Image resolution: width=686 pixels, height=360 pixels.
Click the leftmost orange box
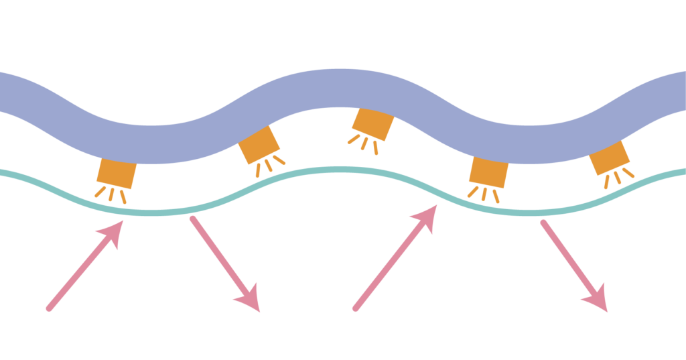point(117,174)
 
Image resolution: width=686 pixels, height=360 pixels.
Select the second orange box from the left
point(259,145)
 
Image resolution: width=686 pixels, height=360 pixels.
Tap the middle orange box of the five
point(372,124)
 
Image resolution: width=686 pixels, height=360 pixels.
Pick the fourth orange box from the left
point(488,172)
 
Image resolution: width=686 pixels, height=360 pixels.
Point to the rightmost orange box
point(609,158)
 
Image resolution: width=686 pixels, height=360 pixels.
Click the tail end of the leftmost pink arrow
point(48,309)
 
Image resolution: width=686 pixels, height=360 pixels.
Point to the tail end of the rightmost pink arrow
point(542,222)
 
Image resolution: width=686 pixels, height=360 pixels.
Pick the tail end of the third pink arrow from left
point(355,309)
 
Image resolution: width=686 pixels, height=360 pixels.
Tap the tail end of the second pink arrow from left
point(192,218)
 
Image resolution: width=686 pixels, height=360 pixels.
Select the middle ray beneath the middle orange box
point(364,143)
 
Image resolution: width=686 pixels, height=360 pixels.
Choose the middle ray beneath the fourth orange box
point(484,194)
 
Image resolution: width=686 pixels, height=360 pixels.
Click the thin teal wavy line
point(335,170)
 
